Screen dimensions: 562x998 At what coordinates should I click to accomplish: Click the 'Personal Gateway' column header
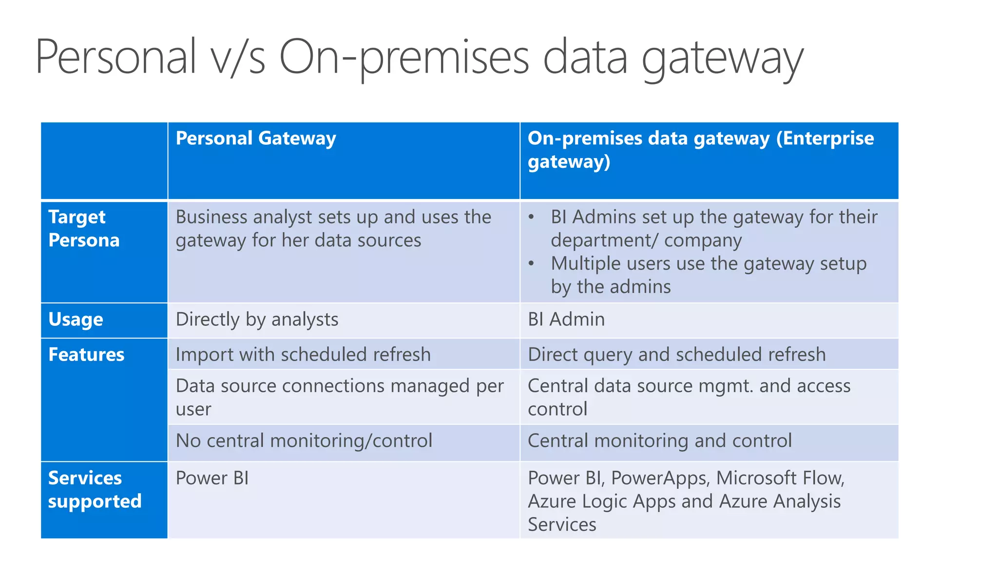pos(256,139)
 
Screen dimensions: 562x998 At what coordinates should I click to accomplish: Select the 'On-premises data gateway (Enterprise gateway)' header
pos(700,150)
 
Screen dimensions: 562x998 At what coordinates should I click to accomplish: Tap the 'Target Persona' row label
pos(84,228)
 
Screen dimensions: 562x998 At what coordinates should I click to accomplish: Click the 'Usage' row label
pos(76,320)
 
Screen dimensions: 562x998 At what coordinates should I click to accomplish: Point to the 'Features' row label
pos(86,355)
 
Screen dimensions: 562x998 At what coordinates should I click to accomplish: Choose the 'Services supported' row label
pos(95,489)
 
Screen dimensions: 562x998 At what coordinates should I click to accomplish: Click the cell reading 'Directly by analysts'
pos(257,320)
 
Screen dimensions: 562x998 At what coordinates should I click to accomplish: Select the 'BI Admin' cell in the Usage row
pos(566,320)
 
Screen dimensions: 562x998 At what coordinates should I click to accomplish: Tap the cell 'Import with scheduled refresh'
pos(303,355)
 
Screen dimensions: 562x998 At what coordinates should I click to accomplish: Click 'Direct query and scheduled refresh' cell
pos(676,355)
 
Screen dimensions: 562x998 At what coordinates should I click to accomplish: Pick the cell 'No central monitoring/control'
pos(304,441)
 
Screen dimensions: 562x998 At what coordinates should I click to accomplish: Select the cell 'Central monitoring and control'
pos(659,441)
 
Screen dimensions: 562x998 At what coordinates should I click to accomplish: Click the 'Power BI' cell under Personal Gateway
pos(212,478)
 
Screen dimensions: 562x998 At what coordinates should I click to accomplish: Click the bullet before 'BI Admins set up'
pos(532,218)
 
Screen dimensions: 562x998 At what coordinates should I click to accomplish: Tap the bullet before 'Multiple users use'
pos(532,264)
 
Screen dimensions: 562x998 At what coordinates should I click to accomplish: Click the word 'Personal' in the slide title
pos(115,57)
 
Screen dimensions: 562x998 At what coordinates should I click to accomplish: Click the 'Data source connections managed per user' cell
pos(339,397)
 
